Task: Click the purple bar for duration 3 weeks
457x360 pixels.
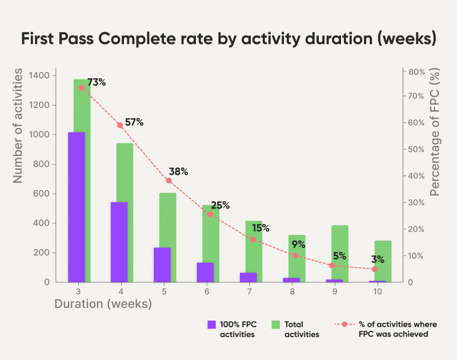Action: click(77, 207)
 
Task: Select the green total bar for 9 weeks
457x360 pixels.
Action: click(340, 251)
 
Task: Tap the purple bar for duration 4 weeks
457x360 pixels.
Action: click(119, 242)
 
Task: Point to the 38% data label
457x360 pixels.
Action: click(178, 171)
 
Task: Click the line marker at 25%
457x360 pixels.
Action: click(210, 214)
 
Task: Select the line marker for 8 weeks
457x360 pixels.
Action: click(295, 255)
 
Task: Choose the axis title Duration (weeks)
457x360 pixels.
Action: click(103, 304)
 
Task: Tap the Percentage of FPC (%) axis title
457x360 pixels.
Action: click(436, 133)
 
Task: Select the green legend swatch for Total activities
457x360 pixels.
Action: click(275, 325)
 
